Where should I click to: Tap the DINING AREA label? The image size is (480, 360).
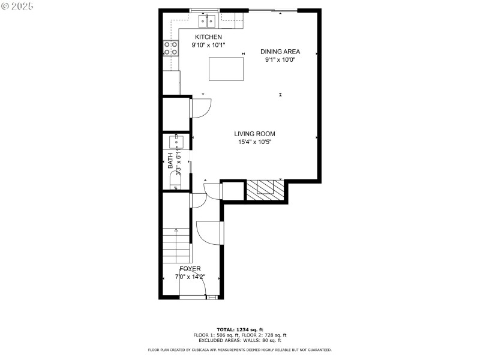[x=280, y=52]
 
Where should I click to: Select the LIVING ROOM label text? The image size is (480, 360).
[x=254, y=134]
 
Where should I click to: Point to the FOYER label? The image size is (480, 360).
[x=190, y=269]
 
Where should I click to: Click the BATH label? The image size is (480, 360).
[x=170, y=160]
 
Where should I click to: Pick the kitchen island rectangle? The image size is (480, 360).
[x=226, y=68]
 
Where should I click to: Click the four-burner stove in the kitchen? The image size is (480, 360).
[x=170, y=48]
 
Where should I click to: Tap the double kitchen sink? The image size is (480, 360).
[x=208, y=22]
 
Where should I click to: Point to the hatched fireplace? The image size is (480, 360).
[x=264, y=190]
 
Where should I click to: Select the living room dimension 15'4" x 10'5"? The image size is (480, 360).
[x=254, y=142]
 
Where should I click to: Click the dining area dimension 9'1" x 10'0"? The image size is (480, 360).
[x=280, y=59]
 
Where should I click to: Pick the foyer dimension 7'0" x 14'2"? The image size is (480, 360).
[x=190, y=277]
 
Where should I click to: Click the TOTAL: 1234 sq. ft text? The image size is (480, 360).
[x=239, y=329]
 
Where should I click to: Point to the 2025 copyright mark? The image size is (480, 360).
[x=17, y=5]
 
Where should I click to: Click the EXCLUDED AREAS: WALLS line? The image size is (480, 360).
[x=239, y=340]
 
